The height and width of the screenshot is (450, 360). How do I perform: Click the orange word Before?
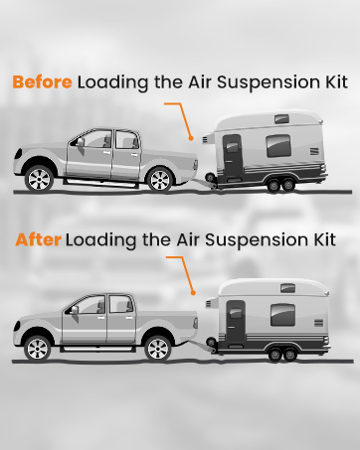(43, 82)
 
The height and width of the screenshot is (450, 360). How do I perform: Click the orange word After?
(37, 240)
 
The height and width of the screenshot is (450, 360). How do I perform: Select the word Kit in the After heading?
(320, 240)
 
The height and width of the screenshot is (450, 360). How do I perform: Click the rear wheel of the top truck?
(159, 179)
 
